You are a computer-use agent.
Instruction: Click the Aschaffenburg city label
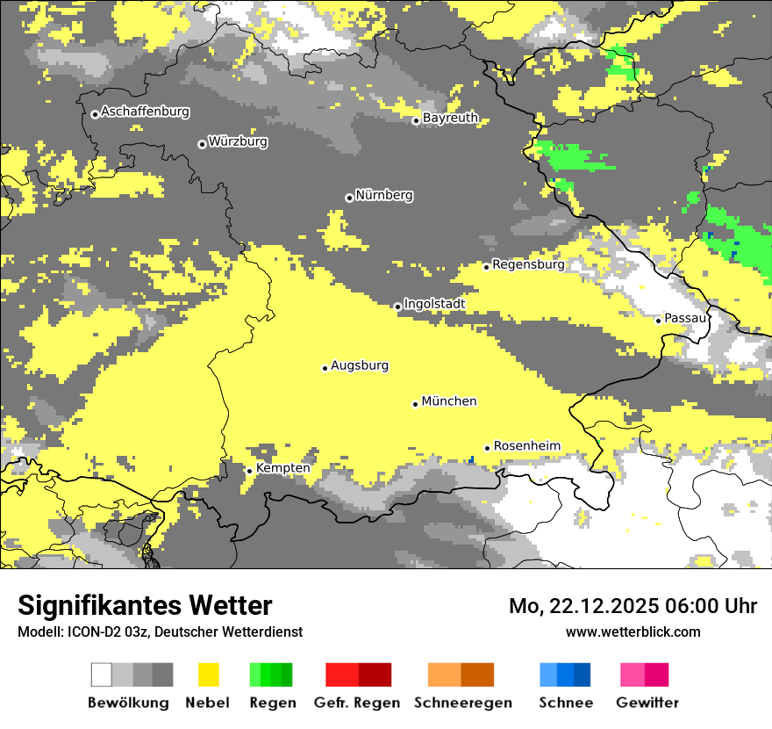(x=145, y=112)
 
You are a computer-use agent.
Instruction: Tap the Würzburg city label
(x=238, y=141)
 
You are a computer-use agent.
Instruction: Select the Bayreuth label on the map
(x=450, y=118)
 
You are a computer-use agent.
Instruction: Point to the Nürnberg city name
(x=384, y=195)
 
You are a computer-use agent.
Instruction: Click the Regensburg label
(x=528, y=264)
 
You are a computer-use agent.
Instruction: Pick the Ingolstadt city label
(x=434, y=304)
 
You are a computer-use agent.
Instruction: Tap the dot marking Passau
(x=658, y=321)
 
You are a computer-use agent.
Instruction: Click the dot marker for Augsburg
(x=325, y=368)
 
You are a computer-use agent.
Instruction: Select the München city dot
(x=415, y=404)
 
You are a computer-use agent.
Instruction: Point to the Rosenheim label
(x=526, y=446)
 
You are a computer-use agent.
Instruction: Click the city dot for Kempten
(x=249, y=471)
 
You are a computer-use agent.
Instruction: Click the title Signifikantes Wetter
(x=145, y=605)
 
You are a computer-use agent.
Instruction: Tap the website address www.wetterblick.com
(x=633, y=632)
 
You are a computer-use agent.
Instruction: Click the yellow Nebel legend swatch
(x=208, y=675)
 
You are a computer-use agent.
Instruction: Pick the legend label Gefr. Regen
(x=357, y=703)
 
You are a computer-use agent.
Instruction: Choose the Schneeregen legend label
(x=463, y=703)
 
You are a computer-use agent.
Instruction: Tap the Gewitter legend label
(x=647, y=703)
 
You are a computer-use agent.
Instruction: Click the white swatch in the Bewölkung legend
(x=102, y=675)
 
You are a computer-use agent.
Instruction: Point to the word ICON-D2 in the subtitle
(x=90, y=632)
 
